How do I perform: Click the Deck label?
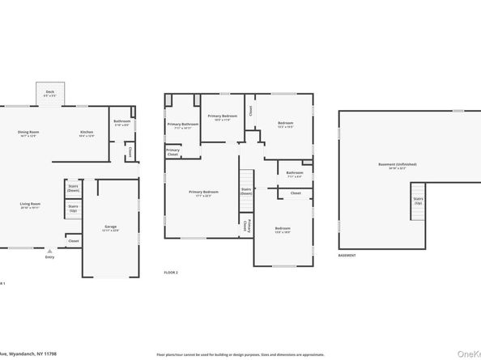click(x=49, y=92)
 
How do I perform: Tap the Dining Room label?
click(x=29, y=133)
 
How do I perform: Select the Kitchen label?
click(x=87, y=133)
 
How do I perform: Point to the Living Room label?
click(x=31, y=205)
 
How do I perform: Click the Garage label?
click(x=111, y=228)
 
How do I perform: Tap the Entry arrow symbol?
click(x=49, y=251)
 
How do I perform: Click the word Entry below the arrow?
click(x=49, y=257)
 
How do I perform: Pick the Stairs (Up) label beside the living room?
click(x=73, y=208)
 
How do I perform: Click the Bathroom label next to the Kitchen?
click(x=121, y=122)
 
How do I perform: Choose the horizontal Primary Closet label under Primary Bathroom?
click(x=173, y=151)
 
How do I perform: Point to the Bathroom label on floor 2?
click(x=295, y=173)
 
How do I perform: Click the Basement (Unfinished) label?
click(x=397, y=165)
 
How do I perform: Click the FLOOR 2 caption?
click(x=171, y=272)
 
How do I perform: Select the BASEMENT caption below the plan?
click(x=347, y=256)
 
